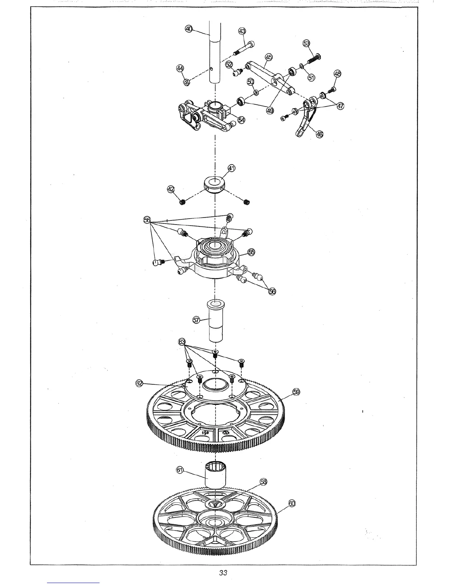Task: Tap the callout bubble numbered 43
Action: pos(242,30)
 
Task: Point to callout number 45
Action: pos(269,57)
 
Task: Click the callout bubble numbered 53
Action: pos(306,43)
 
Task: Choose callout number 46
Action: pos(319,134)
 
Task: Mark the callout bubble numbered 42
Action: pos(171,189)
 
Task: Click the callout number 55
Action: pos(251,252)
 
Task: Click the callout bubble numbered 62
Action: pos(139,384)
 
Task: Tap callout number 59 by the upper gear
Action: pos(296,392)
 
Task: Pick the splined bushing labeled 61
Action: pos(215,475)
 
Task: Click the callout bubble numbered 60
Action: pos(292,504)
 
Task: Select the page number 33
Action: pos(223,573)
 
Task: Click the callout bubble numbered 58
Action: pos(263,482)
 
